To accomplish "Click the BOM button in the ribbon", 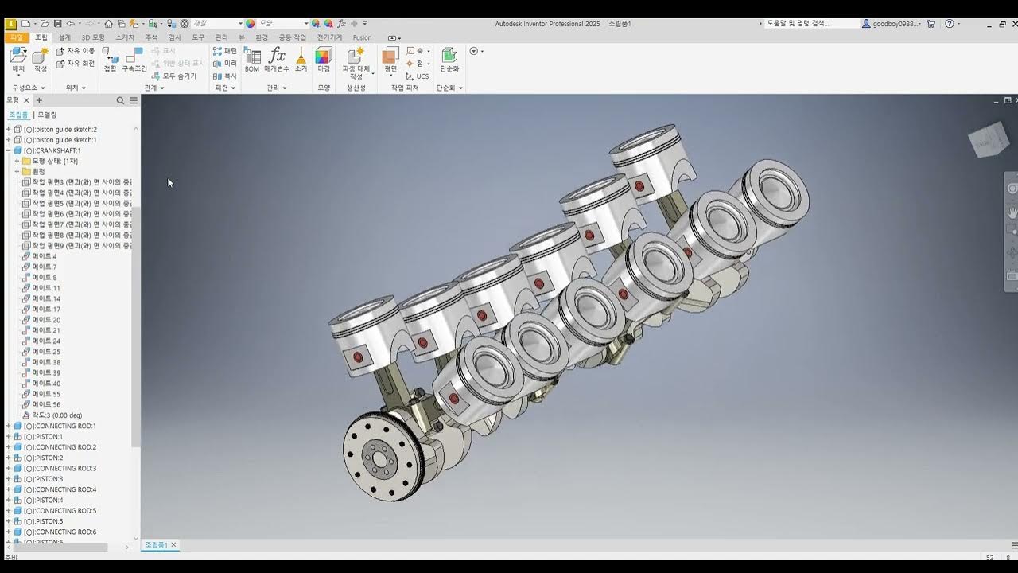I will (252, 59).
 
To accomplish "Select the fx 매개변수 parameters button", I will (277, 59).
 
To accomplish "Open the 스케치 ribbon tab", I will (125, 37).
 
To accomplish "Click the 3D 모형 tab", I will (92, 37).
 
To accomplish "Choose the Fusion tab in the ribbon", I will (362, 37).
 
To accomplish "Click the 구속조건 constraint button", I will (134, 59).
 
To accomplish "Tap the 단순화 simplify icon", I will (449, 59).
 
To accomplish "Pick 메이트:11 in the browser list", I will (46, 288).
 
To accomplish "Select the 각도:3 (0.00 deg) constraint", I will (56, 415).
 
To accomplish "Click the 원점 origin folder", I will (38, 172).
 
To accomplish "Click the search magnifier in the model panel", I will (120, 100).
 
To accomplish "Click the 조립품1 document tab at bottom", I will (156, 545).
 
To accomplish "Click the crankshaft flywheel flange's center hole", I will (379, 458).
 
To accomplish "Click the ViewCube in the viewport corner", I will (989, 142).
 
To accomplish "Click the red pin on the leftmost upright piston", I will (357, 357).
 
